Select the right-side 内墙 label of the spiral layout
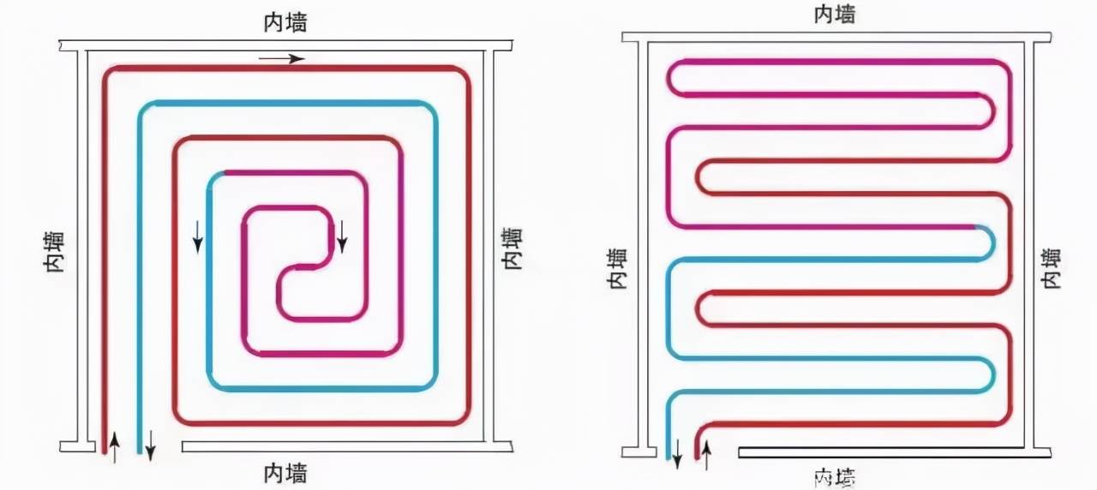[x=512, y=248]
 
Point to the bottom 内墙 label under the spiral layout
[x=285, y=472]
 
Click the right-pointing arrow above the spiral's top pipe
[x=281, y=59]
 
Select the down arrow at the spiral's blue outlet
[x=150, y=445]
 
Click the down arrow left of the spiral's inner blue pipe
[x=198, y=236]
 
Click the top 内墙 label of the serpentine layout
[x=834, y=15]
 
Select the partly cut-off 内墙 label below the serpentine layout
[x=834, y=476]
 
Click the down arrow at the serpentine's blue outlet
[x=676, y=454]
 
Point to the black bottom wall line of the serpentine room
[x=883, y=451]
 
